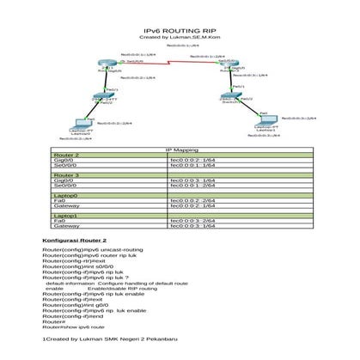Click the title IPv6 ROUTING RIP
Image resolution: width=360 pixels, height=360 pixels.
[x=180, y=30]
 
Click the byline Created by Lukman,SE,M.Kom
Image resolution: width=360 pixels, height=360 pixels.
[x=180, y=37]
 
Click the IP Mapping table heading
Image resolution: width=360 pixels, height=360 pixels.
[x=180, y=149]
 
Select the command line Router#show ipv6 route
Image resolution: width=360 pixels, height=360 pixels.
[x=73, y=327]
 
